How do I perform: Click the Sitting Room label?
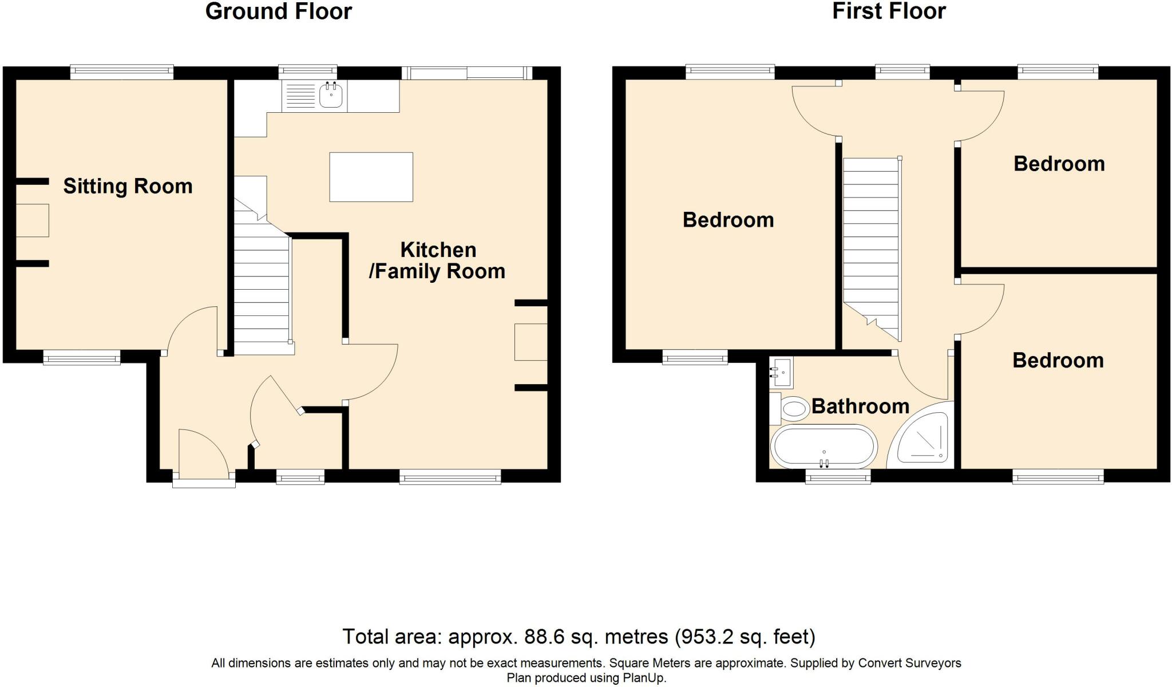[x=128, y=187]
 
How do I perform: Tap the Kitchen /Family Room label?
[x=437, y=260]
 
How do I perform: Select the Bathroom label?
[x=860, y=406]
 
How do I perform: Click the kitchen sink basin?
[x=331, y=95]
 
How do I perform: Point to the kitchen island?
[x=371, y=177]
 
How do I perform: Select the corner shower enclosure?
[x=921, y=436]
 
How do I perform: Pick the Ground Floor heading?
[x=279, y=11]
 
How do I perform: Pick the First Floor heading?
[x=889, y=11]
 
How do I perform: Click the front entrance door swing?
[x=204, y=452]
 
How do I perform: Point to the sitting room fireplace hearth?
[x=32, y=220]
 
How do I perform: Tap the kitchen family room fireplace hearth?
[x=531, y=342]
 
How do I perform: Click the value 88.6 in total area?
[x=545, y=637]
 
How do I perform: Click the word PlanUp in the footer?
[x=643, y=678]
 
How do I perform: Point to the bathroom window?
[x=838, y=476]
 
